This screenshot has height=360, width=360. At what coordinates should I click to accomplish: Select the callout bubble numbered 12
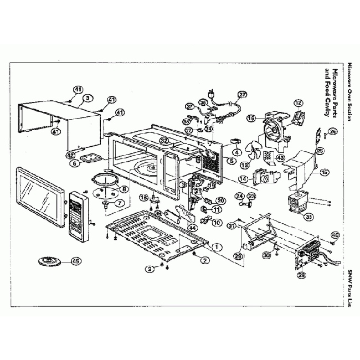(299, 102)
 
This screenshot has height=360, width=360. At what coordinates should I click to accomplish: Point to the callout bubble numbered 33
(308, 217)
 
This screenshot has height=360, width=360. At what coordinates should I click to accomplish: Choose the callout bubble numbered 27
(242, 95)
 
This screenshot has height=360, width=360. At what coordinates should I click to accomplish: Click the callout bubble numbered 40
(335, 235)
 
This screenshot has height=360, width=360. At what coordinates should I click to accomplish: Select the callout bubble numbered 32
(164, 141)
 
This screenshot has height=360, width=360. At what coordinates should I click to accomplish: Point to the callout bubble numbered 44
(192, 227)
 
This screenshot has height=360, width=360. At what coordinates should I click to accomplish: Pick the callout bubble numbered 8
(123, 189)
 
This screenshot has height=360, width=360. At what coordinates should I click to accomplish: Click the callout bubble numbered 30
(266, 255)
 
